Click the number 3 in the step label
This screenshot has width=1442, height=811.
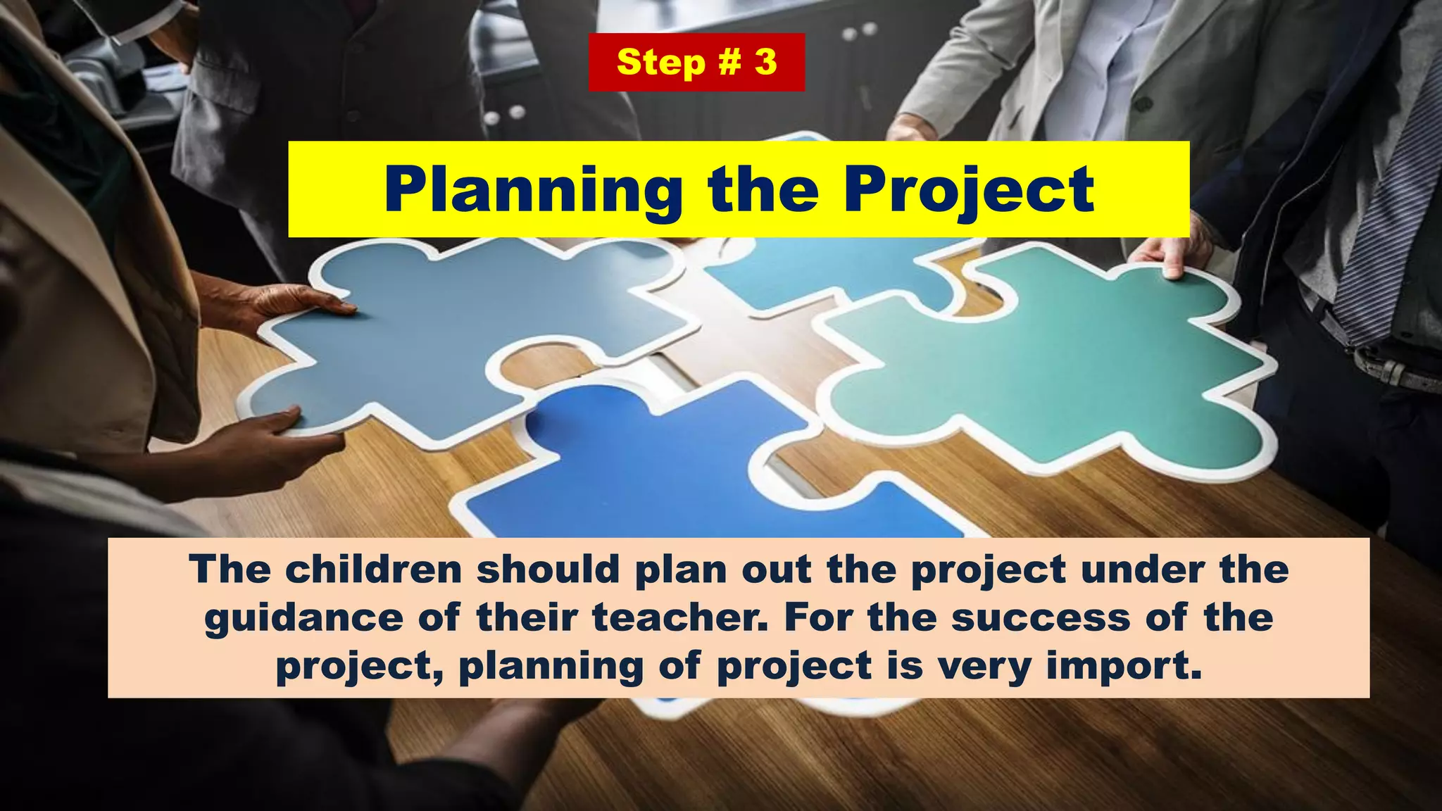765,62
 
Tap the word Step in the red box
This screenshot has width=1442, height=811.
660,63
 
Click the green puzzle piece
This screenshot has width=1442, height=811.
1049,366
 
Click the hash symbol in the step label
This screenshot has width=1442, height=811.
729,62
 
